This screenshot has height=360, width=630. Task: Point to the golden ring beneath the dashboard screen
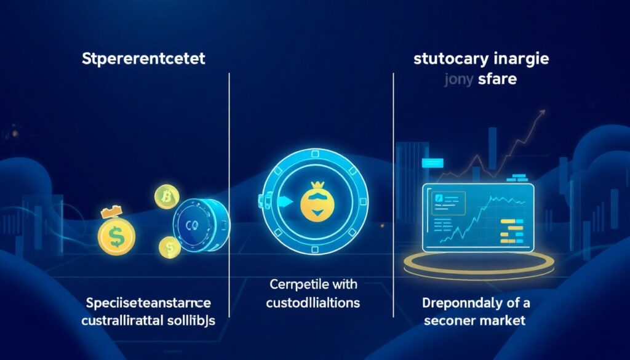[477, 265]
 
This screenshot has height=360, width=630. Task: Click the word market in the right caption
[504, 321]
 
